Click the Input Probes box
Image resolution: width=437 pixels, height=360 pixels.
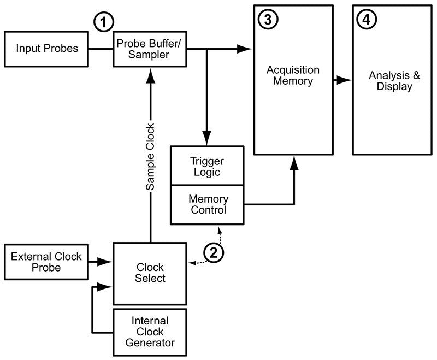pos(46,48)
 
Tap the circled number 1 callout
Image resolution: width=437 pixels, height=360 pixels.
pos(103,22)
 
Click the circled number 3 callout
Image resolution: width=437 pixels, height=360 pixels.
pos(268,19)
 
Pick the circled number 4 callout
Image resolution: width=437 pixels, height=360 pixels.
pos(366,19)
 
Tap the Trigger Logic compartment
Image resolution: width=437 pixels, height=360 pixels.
pos(207,166)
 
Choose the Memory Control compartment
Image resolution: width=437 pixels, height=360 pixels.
pos(207,204)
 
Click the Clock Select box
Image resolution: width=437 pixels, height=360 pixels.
pos(150,273)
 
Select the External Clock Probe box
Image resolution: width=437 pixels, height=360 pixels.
pos(46,262)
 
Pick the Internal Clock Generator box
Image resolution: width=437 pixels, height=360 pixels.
pos(150,332)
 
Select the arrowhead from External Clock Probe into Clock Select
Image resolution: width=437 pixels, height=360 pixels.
pos(107,262)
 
